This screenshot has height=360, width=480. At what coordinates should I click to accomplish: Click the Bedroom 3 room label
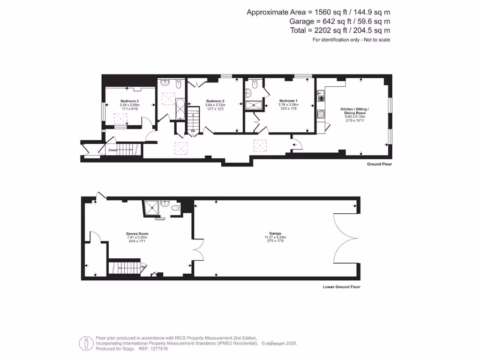129,101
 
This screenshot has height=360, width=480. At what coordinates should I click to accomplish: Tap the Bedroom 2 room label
215,101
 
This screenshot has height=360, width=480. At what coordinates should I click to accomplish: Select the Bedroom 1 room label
288,101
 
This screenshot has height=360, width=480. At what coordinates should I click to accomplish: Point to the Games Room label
137,233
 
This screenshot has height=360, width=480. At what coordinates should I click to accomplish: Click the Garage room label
275,233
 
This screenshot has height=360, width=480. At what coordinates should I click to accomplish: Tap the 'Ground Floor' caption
380,165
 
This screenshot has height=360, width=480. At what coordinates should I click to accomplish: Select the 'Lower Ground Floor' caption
342,287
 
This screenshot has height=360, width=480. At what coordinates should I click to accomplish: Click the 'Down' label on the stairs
113,150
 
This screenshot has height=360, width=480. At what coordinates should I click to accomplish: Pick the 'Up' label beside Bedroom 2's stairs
193,131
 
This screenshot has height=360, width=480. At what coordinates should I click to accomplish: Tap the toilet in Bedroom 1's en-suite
255,85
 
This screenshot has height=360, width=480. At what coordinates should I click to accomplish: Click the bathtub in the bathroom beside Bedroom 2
180,109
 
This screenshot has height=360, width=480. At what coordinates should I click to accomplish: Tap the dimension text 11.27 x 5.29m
275,238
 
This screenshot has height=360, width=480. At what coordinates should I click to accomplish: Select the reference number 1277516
157,349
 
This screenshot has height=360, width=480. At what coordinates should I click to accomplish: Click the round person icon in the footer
86,343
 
